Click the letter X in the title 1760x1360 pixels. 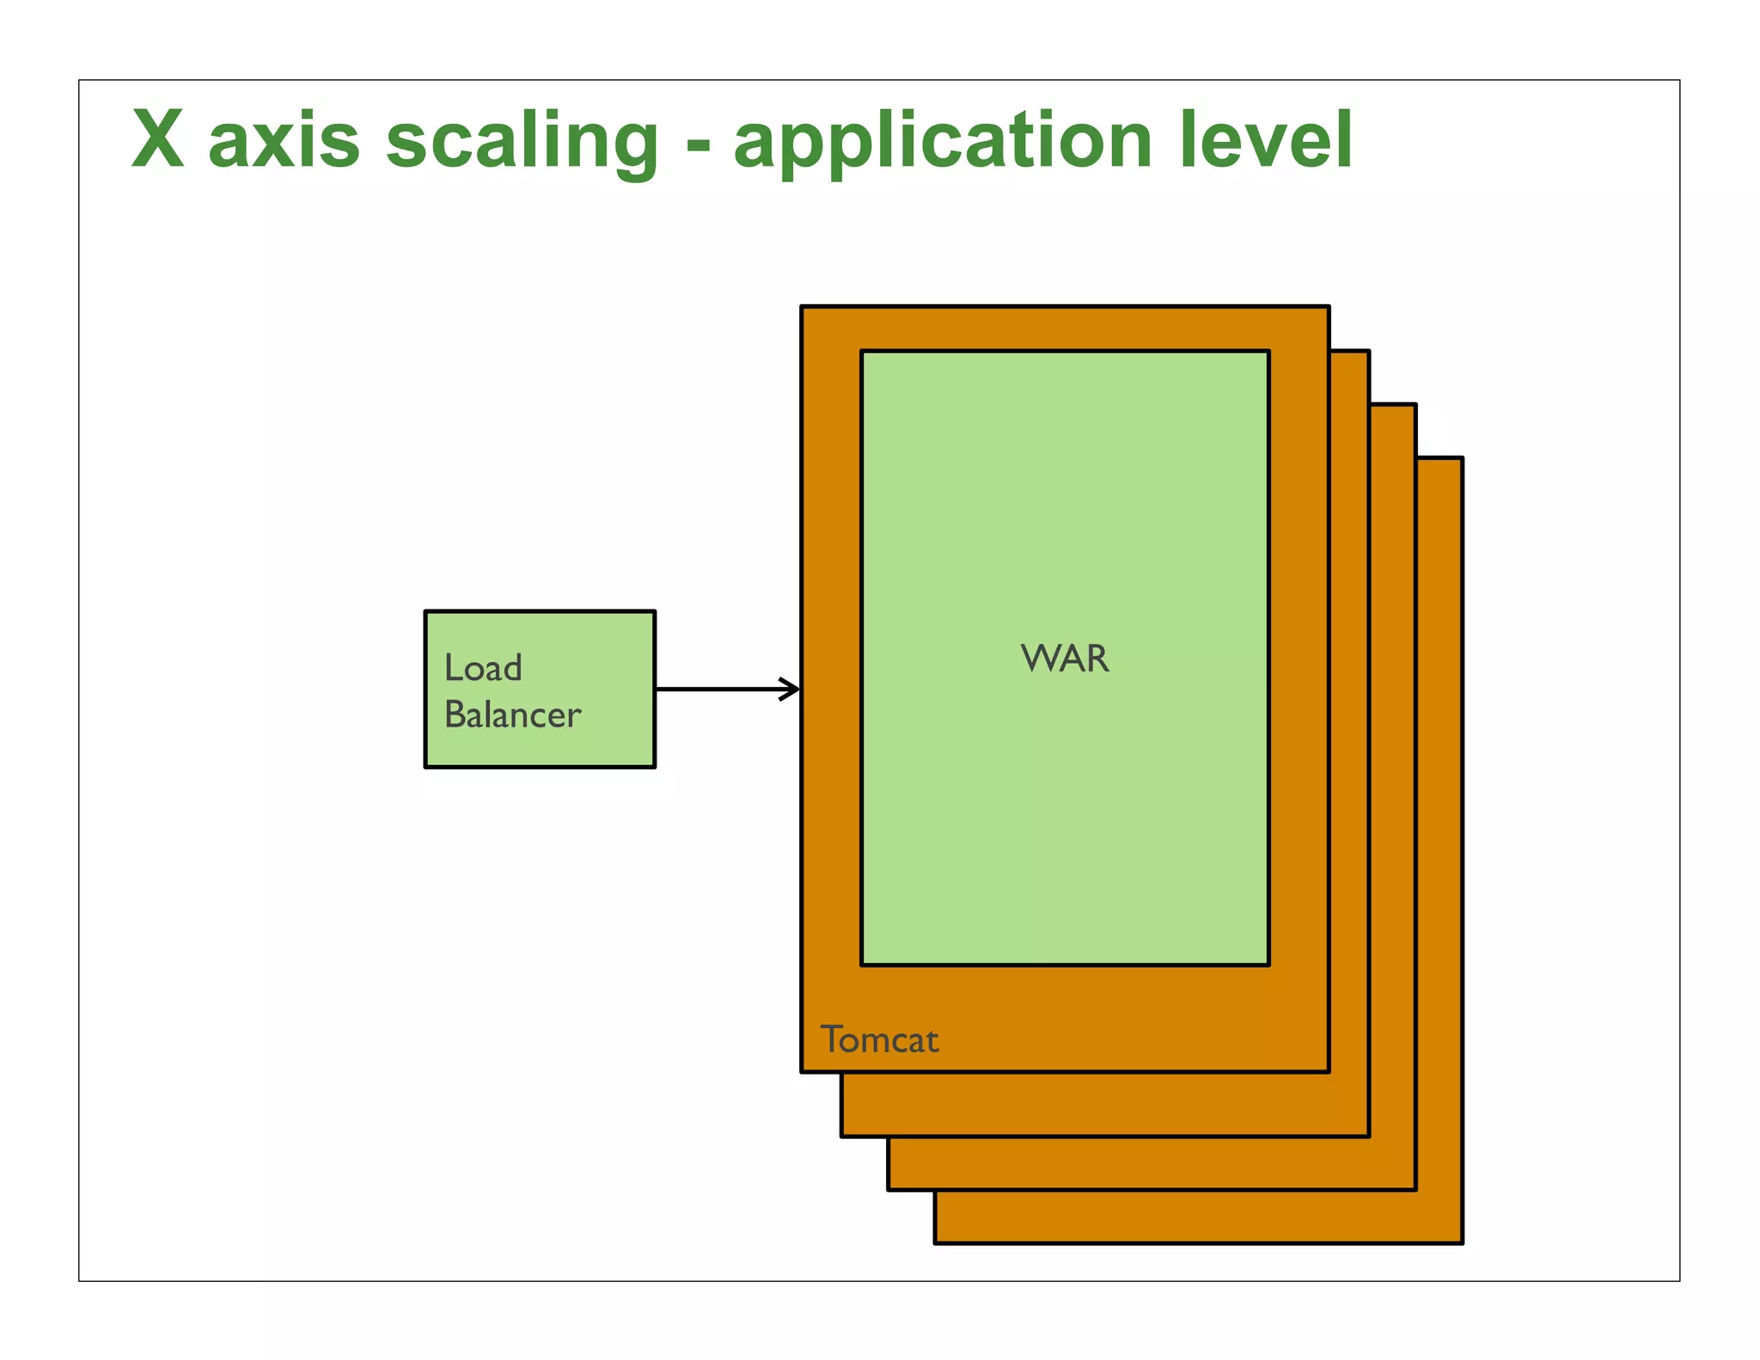pos(158,140)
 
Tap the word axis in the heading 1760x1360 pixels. pos(284,142)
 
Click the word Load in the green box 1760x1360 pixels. pos(483,668)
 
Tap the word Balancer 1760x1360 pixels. pos(512,715)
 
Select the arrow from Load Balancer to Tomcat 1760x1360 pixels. pos(726,689)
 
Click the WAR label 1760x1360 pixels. pos(1065,659)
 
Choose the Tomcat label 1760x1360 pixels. pos(879,1040)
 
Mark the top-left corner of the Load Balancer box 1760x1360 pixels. pos(426,612)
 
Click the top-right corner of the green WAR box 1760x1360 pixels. pos(1268,352)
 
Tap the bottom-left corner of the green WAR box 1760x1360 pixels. pos(862,965)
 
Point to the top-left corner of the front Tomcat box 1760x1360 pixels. pos(803,307)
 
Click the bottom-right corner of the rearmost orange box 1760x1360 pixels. pos(1462,1242)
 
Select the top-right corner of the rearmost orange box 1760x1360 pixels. pos(1462,458)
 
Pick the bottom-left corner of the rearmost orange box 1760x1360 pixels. pos(936,1242)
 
